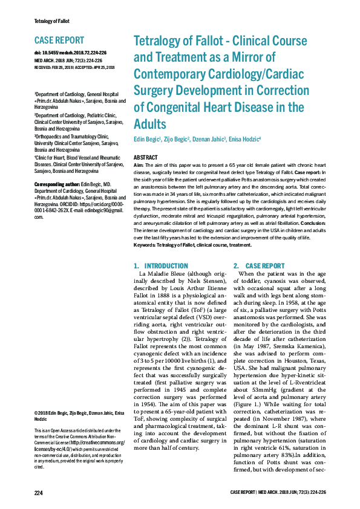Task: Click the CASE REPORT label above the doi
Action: pos(59,41)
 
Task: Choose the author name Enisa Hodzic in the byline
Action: pos(245,140)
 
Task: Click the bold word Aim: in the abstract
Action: pos(139,165)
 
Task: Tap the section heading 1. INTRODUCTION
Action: pos(160,265)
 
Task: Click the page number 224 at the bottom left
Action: pos(39,493)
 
